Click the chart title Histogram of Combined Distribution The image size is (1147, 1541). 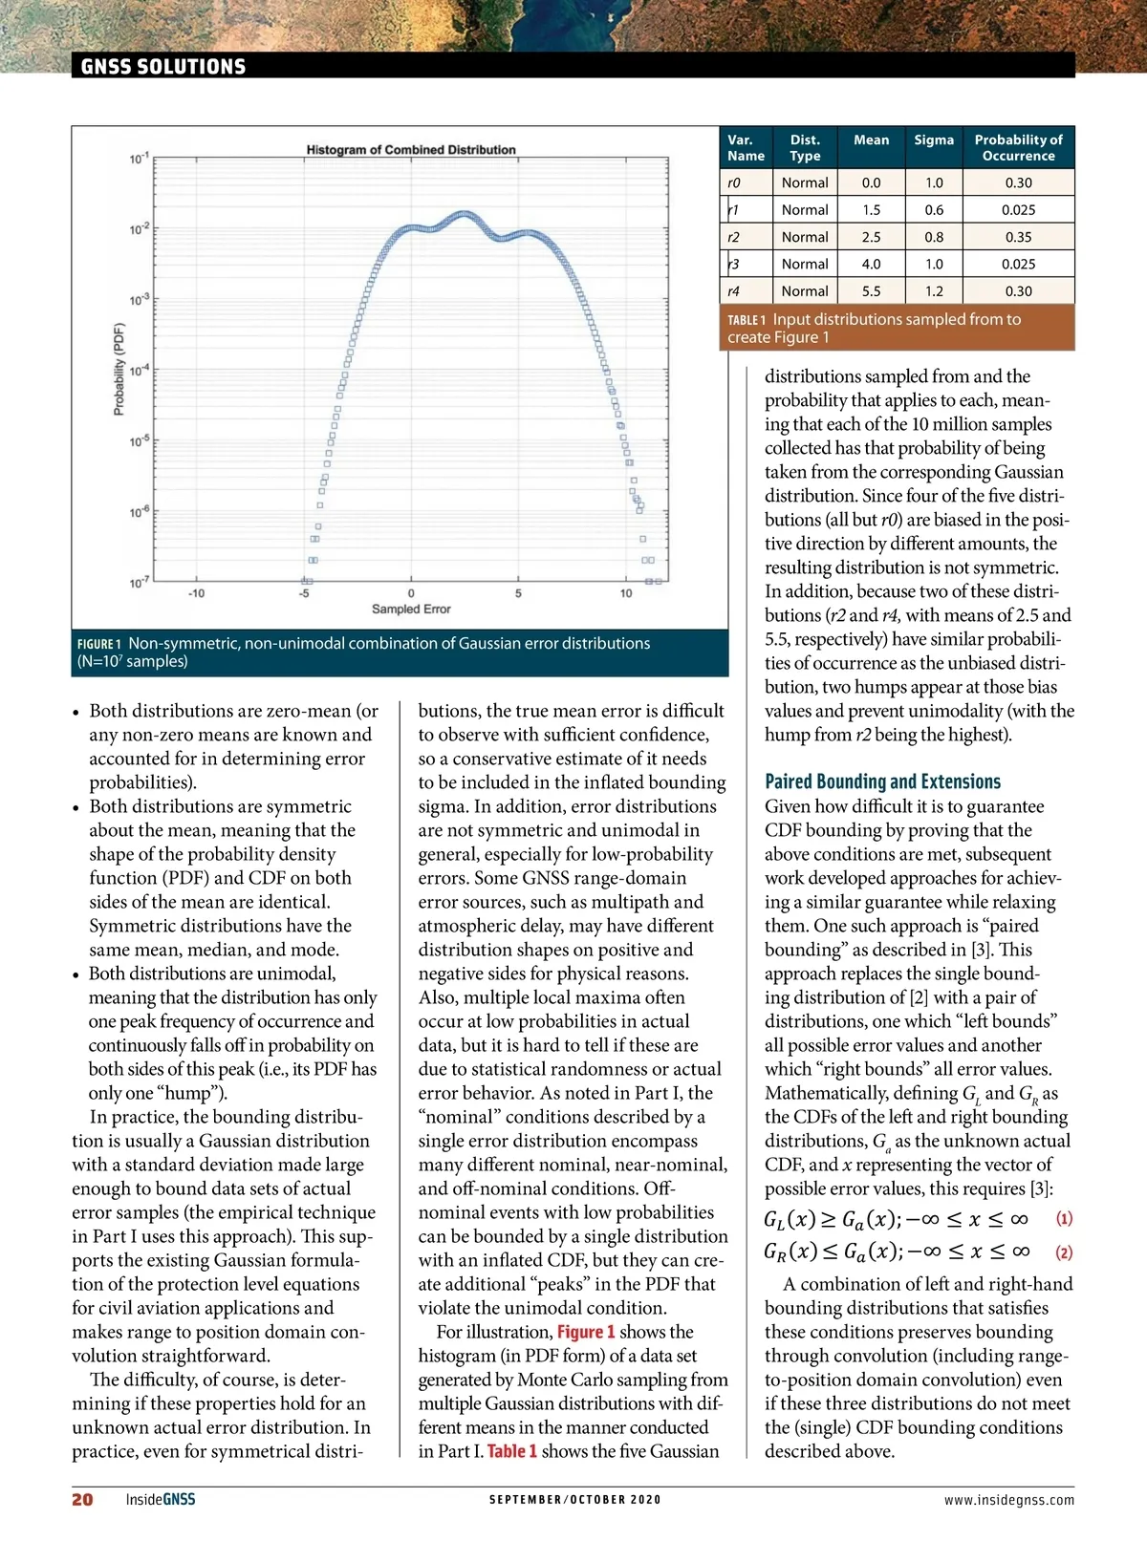point(411,150)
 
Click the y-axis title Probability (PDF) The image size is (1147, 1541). point(119,370)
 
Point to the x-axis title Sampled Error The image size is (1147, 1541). point(411,609)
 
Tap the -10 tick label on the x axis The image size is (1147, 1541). point(196,593)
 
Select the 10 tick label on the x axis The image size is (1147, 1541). point(626,593)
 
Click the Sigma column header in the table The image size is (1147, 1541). point(933,139)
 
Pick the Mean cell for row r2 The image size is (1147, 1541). point(871,237)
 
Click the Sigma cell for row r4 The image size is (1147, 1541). point(933,291)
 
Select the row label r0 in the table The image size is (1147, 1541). point(733,182)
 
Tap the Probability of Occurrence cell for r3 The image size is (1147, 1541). point(1018,264)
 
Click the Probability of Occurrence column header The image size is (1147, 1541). point(1018,147)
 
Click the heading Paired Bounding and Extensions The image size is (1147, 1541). point(882,781)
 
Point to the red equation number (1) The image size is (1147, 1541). point(1064,1219)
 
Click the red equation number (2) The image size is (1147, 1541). point(1064,1252)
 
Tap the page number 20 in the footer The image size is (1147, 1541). point(83,1499)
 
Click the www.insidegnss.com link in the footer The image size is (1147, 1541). point(1008,1500)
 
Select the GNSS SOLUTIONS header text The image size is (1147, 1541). point(163,67)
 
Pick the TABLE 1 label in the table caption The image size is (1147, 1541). point(747,320)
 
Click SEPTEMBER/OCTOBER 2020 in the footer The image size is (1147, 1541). point(574,1500)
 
